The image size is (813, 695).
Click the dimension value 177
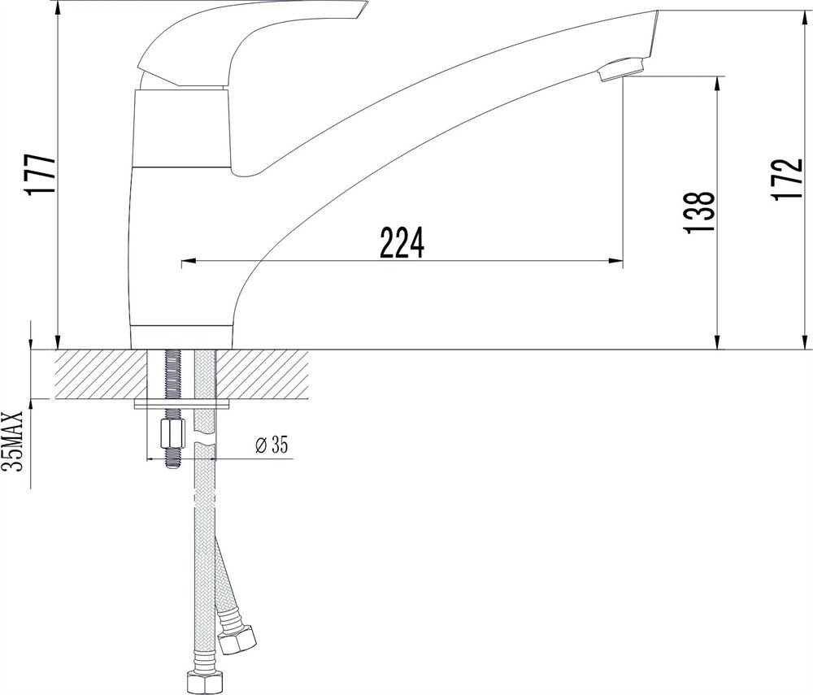41,174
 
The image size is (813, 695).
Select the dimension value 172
786,179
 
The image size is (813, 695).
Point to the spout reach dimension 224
402,242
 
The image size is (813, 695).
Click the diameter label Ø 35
272,445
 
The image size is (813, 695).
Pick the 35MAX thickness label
14,441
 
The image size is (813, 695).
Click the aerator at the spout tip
620,69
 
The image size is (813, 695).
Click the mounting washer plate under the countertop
182,403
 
